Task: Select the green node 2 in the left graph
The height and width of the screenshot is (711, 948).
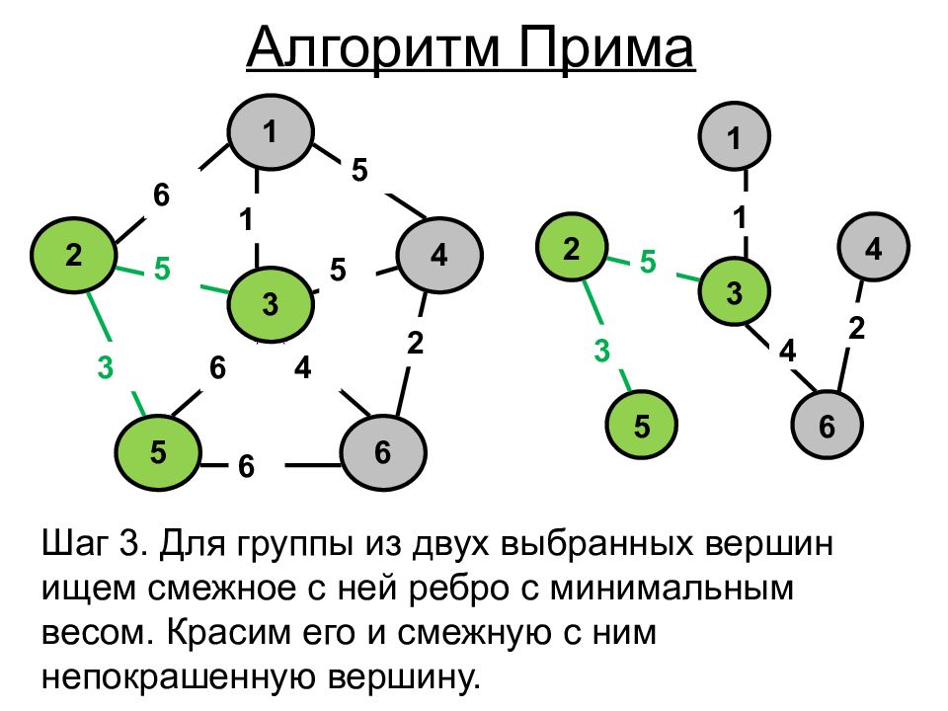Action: coord(75,255)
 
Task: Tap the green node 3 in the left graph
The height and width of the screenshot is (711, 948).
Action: coord(271,304)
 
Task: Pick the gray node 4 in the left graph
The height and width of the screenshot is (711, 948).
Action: coord(439,256)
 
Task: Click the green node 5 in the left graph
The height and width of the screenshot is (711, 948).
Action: coord(159,452)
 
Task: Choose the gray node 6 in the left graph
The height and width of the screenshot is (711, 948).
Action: coord(383,452)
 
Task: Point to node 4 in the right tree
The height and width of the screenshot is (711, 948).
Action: coord(873,249)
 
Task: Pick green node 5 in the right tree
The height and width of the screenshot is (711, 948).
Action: coord(643,427)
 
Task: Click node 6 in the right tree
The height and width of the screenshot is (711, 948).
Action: coord(827,427)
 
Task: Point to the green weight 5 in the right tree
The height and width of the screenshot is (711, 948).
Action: coord(648,262)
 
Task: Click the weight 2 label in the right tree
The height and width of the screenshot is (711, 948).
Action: coord(856,329)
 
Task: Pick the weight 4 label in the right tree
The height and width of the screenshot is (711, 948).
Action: coord(787,351)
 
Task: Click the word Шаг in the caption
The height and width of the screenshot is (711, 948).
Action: coord(75,543)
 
